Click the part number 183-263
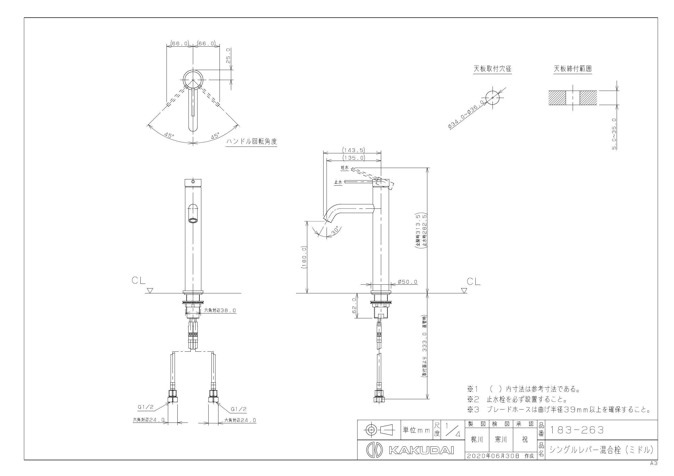point(576,430)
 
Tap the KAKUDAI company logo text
point(422,450)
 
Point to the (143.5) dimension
point(353,150)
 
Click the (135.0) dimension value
point(353,158)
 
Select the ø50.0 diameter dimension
point(407,282)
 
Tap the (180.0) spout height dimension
point(304,258)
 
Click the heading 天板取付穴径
point(492,69)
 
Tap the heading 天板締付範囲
point(573,69)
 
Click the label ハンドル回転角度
point(252,142)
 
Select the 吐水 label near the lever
point(345,168)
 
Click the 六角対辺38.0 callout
point(220,310)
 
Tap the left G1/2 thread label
point(146,407)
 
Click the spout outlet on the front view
point(193,221)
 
